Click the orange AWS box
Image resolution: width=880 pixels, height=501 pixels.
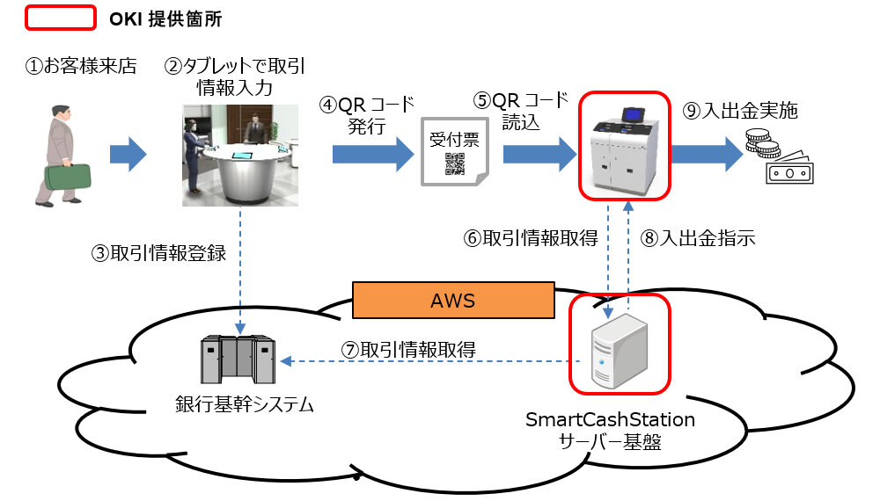coord(453,301)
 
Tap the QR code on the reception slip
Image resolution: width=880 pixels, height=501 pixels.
coord(454,163)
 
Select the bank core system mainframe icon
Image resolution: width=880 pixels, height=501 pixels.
coord(237,359)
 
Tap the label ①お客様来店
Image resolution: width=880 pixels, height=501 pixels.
coord(80,66)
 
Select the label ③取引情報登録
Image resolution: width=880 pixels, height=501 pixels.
coord(158,253)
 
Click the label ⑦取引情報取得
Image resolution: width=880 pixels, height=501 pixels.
coord(408,349)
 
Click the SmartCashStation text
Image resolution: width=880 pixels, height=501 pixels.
coord(610,419)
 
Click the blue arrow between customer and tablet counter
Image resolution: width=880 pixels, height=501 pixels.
coord(128,155)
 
